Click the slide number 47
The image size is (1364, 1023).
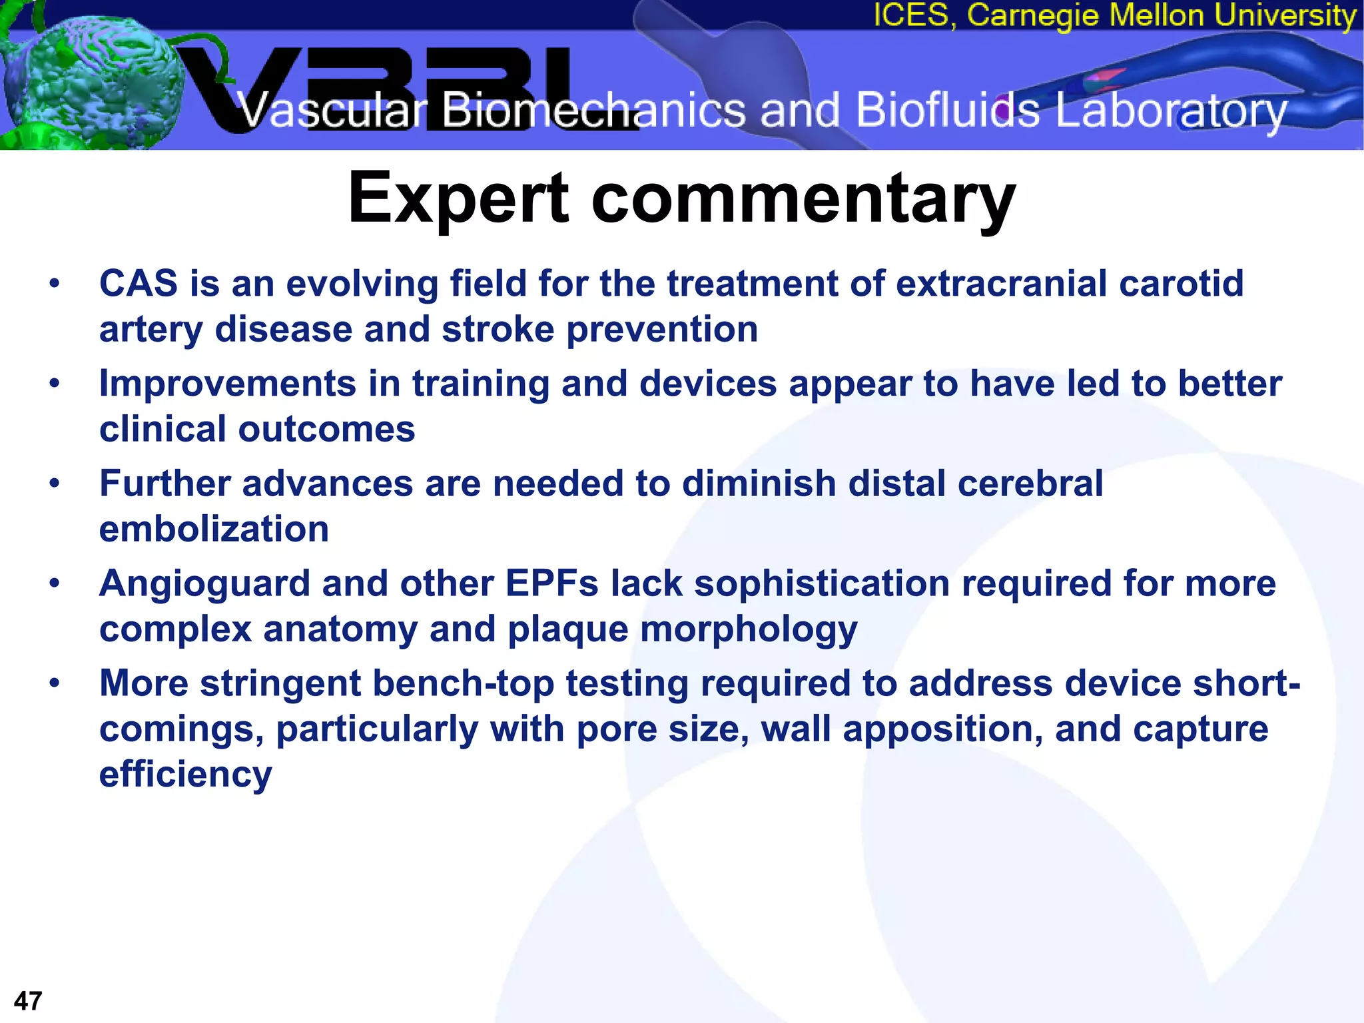[x=28, y=1001]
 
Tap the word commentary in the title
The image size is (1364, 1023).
[x=803, y=198]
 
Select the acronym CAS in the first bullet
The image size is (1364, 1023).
[x=139, y=283]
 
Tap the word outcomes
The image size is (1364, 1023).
[x=326, y=429]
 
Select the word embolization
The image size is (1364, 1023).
[x=214, y=529]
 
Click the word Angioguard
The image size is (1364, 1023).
[x=204, y=584]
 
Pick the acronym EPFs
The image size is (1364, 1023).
[x=552, y=583]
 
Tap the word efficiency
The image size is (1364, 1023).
[x=185, y=775]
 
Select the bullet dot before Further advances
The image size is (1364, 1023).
[x=55, y=483]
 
